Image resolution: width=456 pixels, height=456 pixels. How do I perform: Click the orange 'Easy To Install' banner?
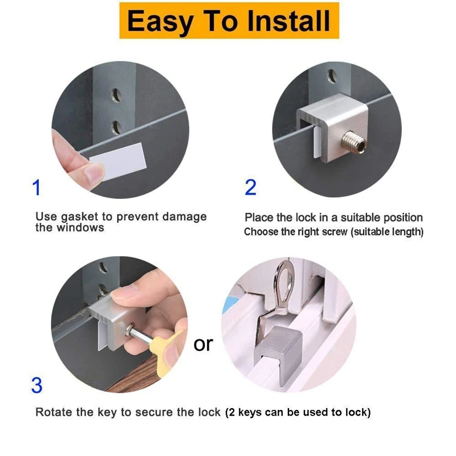click(x=229, y=21)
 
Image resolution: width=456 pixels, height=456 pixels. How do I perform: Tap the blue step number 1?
click(x=36, y=188)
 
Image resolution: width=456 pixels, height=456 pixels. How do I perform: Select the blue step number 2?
click(x=251, y=188)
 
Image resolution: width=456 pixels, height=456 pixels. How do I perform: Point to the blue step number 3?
click(x=37, y=386)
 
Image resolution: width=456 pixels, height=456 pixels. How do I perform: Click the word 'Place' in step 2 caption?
click(x=254, y=218)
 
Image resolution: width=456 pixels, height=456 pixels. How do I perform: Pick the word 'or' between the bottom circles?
click(x=203, y=344)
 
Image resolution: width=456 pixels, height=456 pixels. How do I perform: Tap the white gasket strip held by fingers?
click(x=118, y=161)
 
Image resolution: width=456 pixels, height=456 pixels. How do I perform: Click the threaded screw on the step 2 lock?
click(x=353, y=142)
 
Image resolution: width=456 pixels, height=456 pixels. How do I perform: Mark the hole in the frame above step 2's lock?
click(x=332, y=76)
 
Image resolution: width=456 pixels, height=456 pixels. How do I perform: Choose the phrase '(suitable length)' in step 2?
click(x=387, y=232)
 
